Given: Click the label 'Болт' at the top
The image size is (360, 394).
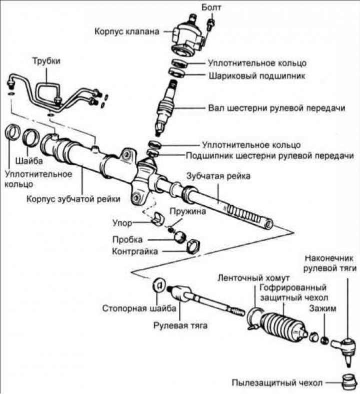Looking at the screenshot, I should pos(210,7).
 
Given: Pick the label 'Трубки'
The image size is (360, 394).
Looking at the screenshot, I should pos(46,61).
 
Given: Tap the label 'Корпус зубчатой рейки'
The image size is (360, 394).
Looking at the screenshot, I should pos(73,199).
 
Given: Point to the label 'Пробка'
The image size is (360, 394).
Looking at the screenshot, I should pos(127,239).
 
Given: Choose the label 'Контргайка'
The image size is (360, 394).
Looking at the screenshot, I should pos(134,251).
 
